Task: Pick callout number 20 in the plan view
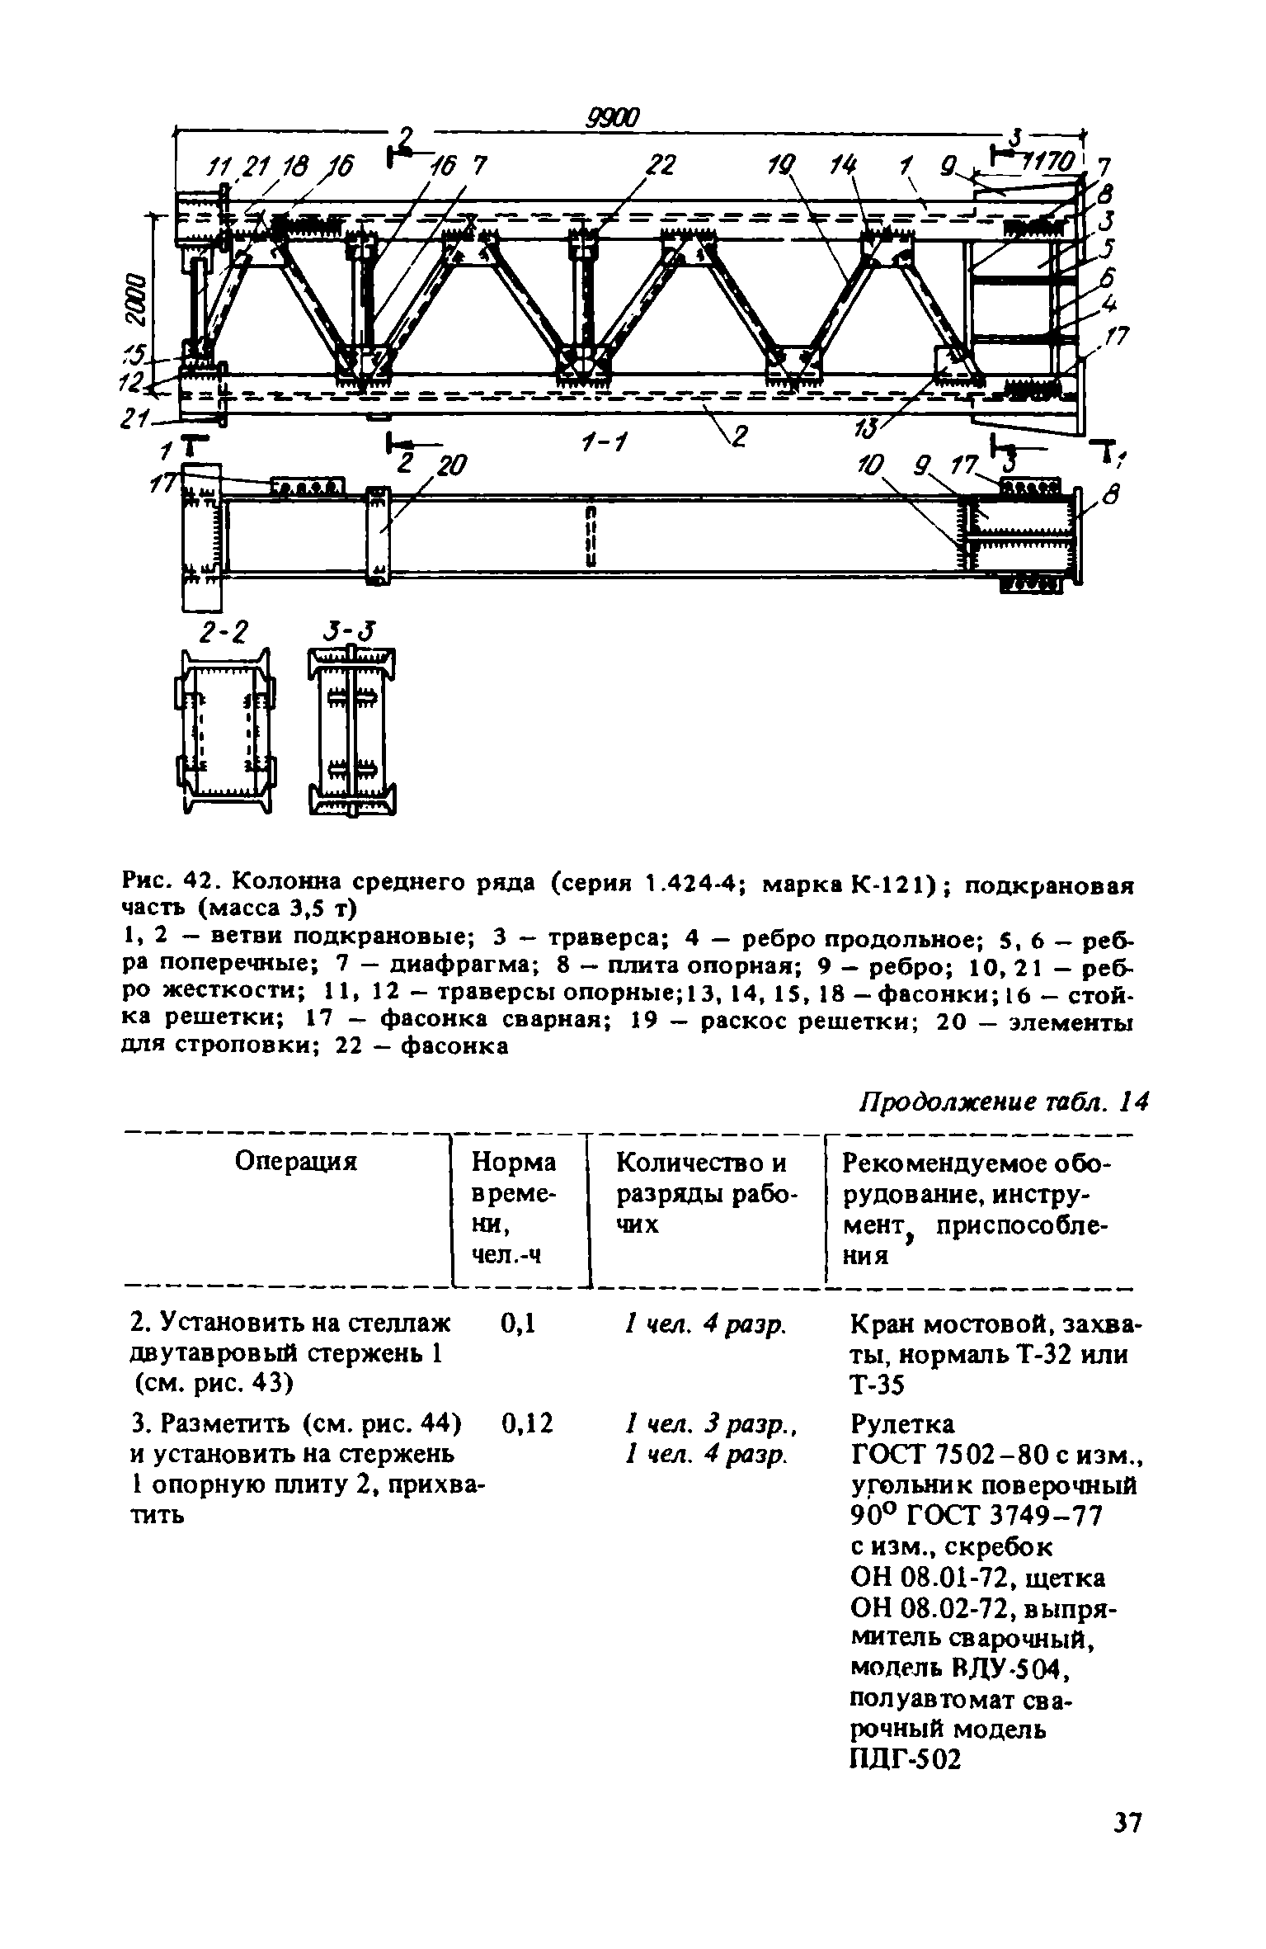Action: point(449,466)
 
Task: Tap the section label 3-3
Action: point(350,633)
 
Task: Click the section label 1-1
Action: point(605,445)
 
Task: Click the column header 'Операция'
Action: point(295,1162)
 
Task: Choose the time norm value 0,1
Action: point(519,1324)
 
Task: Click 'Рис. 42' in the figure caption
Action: point(167,882)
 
